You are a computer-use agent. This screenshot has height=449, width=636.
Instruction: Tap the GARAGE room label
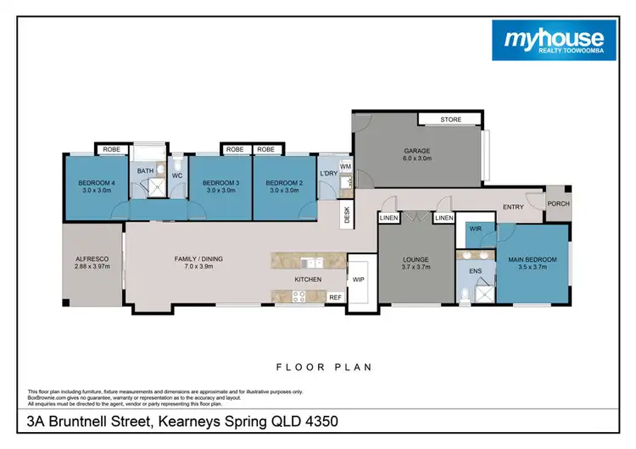pyautogui.click(x=416, y=152)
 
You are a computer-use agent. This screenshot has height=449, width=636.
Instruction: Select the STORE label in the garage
pyautogui.click(x=451, y=119)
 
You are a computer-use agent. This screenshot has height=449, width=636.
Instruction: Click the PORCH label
pyautogui.click(x=559, y=203)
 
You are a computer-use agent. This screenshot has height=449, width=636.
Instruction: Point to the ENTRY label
pyautogui.click(x=513, y=207)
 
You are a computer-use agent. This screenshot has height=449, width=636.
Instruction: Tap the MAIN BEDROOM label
pyautogui.click(x=533, y=259)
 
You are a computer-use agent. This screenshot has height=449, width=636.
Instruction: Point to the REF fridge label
pyautogui.click(x=335, y=297)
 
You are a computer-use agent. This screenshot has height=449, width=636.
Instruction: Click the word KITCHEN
pyautogui.click(x=309, y=278)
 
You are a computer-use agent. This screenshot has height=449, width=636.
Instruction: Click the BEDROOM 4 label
pyautogui.click(x=96, y=183)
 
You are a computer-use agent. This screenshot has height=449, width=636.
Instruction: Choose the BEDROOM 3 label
pyautogui.click(x=220, y=183)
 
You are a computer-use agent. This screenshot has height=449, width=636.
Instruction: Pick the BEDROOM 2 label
pyautogui.click(x=284, y=183)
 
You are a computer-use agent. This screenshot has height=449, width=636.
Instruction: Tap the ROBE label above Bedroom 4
pyautogui.click(x=110, y=150)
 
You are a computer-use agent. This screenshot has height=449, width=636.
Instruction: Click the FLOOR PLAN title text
pyautogui.click(x=324, y=368)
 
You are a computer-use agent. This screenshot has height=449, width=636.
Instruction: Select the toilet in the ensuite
pyautogui.click(x=466, y=295)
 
